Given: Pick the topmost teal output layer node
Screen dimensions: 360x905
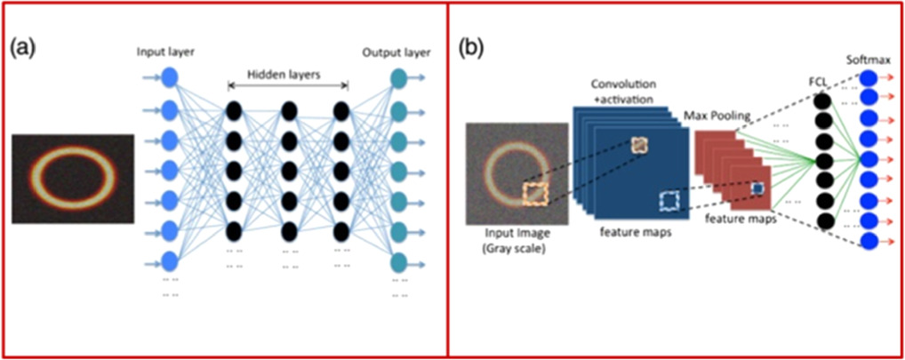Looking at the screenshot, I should (x=398, y=81).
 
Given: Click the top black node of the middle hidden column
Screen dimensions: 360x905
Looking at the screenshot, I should (x=288, y=111).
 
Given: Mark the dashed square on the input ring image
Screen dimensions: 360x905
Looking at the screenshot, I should (x=535, y=193).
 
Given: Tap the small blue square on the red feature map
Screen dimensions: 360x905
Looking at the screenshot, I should (x=757, y=188).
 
